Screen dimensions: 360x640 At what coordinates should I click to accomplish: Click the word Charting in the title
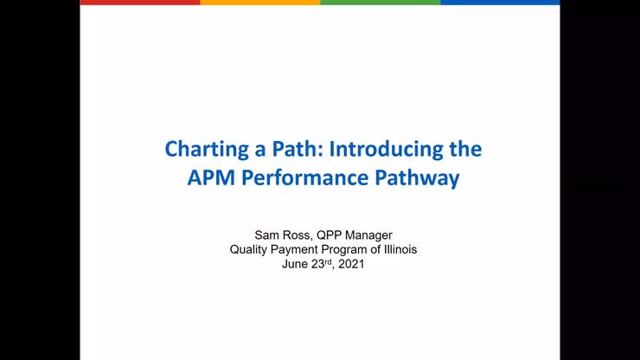pos(197,149)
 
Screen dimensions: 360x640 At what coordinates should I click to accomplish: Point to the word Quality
pos(248,249)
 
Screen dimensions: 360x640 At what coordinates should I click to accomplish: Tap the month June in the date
pos(295,264)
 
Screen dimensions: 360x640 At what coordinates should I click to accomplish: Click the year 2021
pos(349,264)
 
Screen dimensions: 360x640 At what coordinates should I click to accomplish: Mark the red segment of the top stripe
pos(139,3)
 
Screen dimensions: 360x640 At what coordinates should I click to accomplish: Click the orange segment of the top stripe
pos(259,3)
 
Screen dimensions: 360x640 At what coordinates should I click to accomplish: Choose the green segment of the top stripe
pos(380,3)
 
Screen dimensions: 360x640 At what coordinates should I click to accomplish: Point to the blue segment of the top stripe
pos(500,3)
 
